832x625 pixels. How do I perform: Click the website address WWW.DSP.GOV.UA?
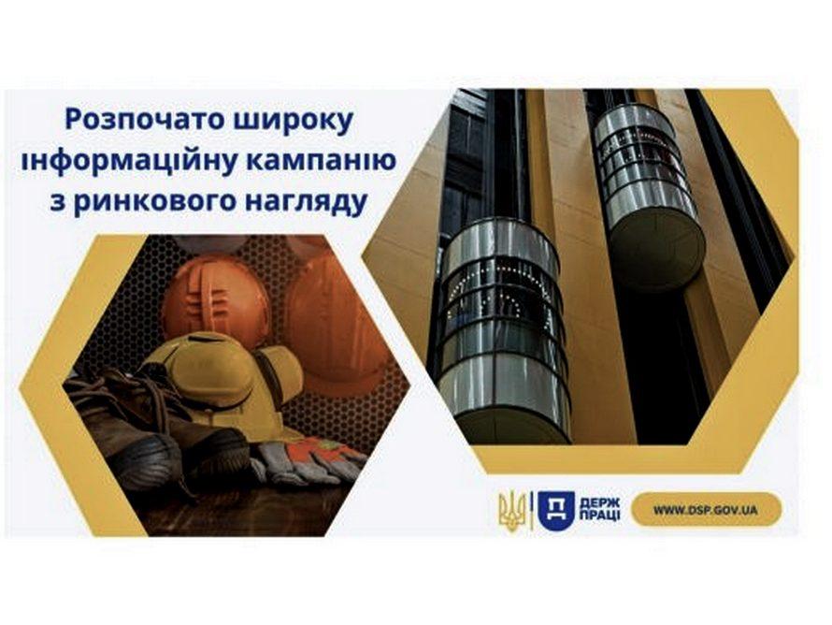point(705,510)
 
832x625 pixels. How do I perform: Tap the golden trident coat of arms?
point(511,511)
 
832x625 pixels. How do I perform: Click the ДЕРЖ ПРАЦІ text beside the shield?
point(599,510)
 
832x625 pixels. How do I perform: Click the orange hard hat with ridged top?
point(215,300)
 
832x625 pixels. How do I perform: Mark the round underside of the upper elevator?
point(658,250)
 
